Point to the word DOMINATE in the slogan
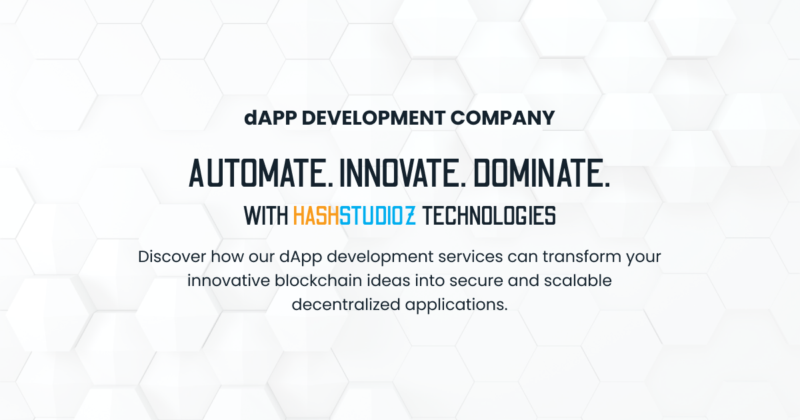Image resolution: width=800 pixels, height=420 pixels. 543,173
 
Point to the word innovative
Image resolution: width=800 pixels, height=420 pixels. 227,281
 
